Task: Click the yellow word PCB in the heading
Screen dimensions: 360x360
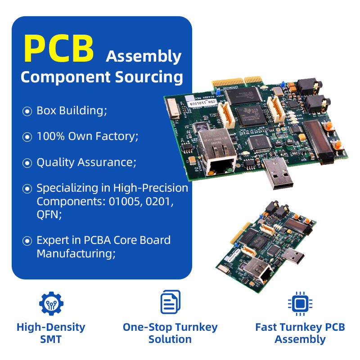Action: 58,48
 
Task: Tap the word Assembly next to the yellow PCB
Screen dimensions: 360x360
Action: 144,57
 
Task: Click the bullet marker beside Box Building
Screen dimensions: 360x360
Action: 27,111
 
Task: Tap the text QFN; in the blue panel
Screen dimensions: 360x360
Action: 49,215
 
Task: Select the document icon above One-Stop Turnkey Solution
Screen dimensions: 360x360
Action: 170,302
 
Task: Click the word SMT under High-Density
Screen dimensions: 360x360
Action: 51,339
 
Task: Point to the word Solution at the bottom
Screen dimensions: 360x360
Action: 170,339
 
